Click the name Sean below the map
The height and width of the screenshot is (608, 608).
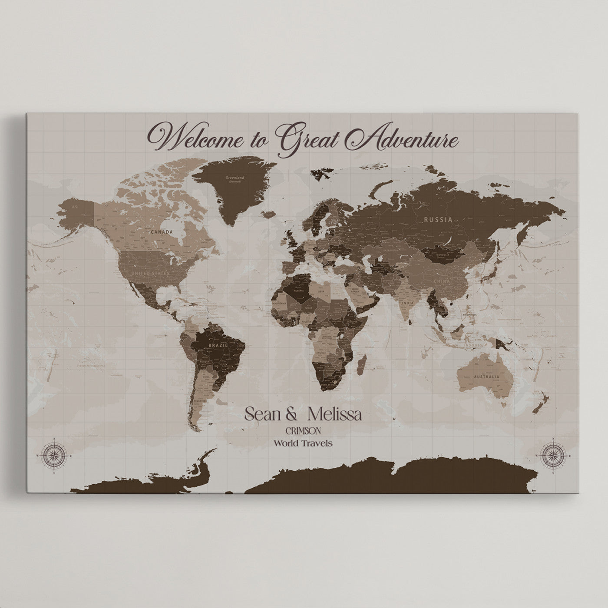(264, 414)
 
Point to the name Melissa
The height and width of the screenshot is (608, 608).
(334, 414)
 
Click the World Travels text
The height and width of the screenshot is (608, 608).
(303, 443)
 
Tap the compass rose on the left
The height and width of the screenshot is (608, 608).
(54, 455)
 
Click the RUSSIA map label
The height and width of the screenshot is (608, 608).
(439, 220)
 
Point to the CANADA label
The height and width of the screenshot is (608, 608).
(162, 232)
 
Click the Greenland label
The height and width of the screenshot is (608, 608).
(235, 178)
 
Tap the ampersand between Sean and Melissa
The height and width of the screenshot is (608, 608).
(292, 415)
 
